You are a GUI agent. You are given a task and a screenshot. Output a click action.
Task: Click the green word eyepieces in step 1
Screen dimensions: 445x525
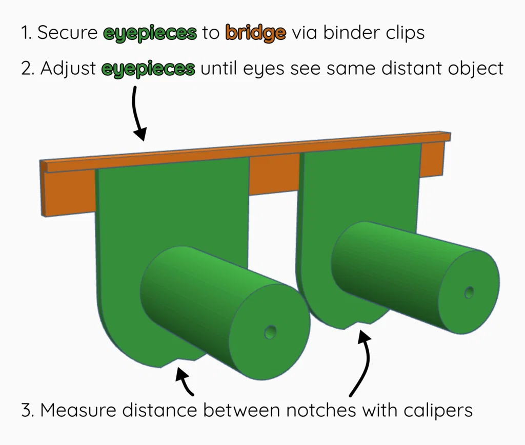click(x=150, y=33)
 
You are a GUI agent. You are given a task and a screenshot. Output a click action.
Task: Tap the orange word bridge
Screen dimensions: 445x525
click(x=255, y=33)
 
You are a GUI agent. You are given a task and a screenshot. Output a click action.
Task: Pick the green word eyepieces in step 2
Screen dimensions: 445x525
click(x=148, y=69)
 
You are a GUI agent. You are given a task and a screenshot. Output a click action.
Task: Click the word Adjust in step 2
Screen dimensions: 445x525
click(x=68, y=69)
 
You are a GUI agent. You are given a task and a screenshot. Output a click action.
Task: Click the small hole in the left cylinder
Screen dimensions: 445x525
click(x=270, y=333)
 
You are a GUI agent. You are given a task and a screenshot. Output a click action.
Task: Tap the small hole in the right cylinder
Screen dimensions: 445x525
click(x=469, y=292)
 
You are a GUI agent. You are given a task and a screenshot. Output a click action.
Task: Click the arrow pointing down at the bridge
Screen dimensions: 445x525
click(x=137, y=113)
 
